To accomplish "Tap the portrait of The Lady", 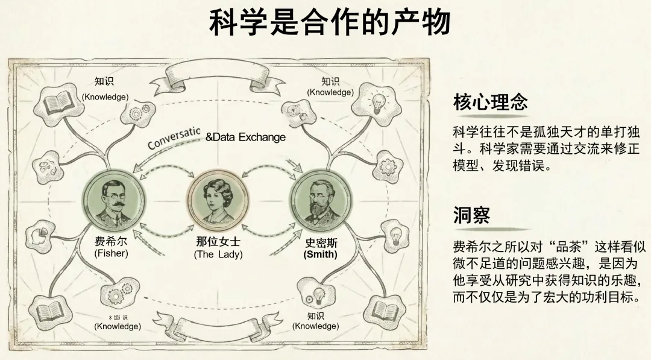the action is tap(218, 201).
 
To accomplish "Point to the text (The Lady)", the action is tap(218, 254).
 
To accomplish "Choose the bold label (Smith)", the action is tap(321, 254).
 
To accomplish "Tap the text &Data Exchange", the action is tap(245, 137).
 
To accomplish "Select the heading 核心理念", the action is tap(491, 103).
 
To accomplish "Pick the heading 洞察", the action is tap(471, 215).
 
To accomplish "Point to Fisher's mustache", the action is tap(115, 204).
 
